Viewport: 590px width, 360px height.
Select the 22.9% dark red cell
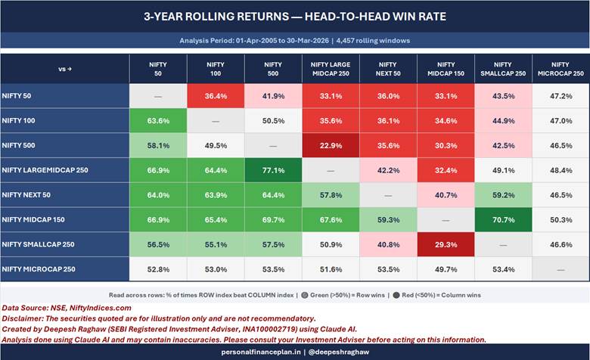click(x=330, y=144)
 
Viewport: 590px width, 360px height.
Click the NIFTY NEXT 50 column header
click(x=387, y=69)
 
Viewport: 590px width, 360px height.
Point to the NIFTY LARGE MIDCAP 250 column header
click(x=330, y=69)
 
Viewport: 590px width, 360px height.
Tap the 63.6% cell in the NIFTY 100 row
click(x=158, y=120)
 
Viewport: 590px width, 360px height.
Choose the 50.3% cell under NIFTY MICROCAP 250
click(x=560, y=219)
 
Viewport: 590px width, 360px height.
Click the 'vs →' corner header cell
click(x=65, y=69)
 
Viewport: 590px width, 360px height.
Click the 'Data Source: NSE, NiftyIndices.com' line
click(x=67, y=308)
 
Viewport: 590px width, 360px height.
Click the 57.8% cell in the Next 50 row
click(x=330, y=194)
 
